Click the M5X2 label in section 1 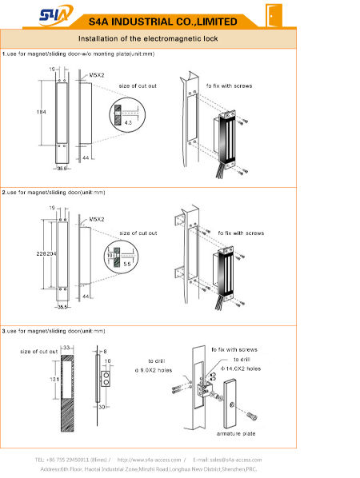[x=98, y=74]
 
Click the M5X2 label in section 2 [x=98, y=218]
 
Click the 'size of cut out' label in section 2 [x=138, y=233]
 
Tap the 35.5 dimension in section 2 [x=62, y=306]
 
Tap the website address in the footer [x=150, y=460]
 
